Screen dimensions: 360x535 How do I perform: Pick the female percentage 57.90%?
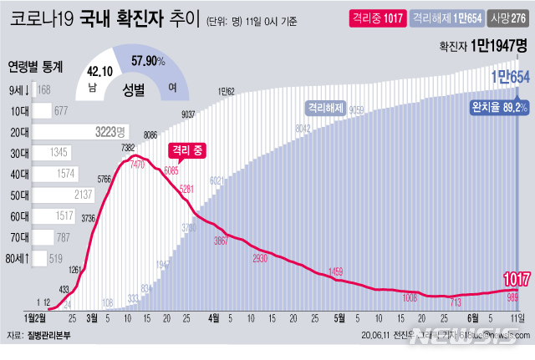click(x=150, y=61)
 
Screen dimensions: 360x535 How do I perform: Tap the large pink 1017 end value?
click(x=513, y=278)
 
